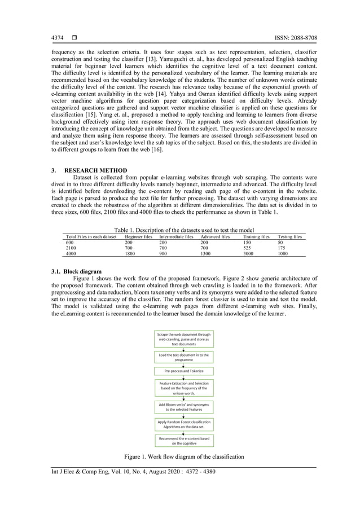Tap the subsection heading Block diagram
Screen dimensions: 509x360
tap(77, 271)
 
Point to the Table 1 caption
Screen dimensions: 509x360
tap(183, 230)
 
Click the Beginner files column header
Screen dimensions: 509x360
tap(138, 237)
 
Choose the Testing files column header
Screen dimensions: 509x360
tap(290, 237)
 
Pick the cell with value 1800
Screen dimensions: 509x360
tap(130, 254)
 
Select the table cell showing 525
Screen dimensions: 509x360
tap(248, 248)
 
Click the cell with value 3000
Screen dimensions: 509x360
tap(249, 254)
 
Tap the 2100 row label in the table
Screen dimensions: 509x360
tap(72, 248)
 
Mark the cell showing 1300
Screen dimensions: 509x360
tap(199, 254)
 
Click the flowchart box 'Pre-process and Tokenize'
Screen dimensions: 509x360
tap(183, 371)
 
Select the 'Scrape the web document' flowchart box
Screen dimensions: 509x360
tap(183, 339)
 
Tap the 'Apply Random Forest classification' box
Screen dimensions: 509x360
tap(183, 424)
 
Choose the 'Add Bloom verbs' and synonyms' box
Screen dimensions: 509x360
tap(183, 407)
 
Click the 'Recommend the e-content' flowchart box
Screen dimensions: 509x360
tap(183, 441)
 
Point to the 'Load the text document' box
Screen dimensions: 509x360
tap(183, 357)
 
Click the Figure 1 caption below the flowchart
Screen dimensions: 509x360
tap(184, 456)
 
